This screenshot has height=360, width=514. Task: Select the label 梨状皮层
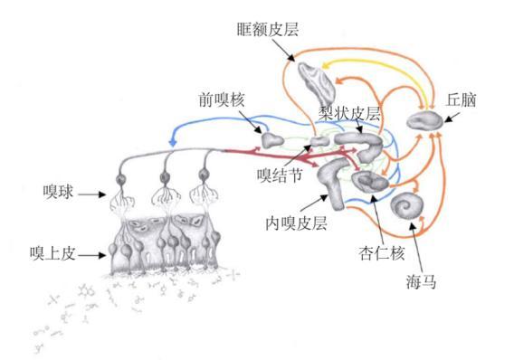tap(347, 115)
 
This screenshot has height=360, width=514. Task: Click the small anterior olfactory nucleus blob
tap(272, 139)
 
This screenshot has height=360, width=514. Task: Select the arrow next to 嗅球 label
tap(96, 191)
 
